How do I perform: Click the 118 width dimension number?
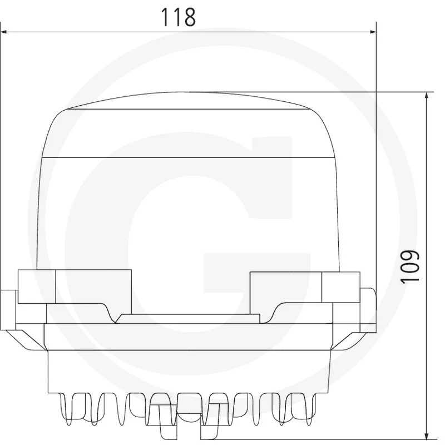(178, 17)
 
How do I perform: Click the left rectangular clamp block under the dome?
(75, 286)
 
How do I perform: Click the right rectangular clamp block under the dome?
(305, 287)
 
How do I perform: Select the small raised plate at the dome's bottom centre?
(187, 318)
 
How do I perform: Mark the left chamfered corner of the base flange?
(26, 340)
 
